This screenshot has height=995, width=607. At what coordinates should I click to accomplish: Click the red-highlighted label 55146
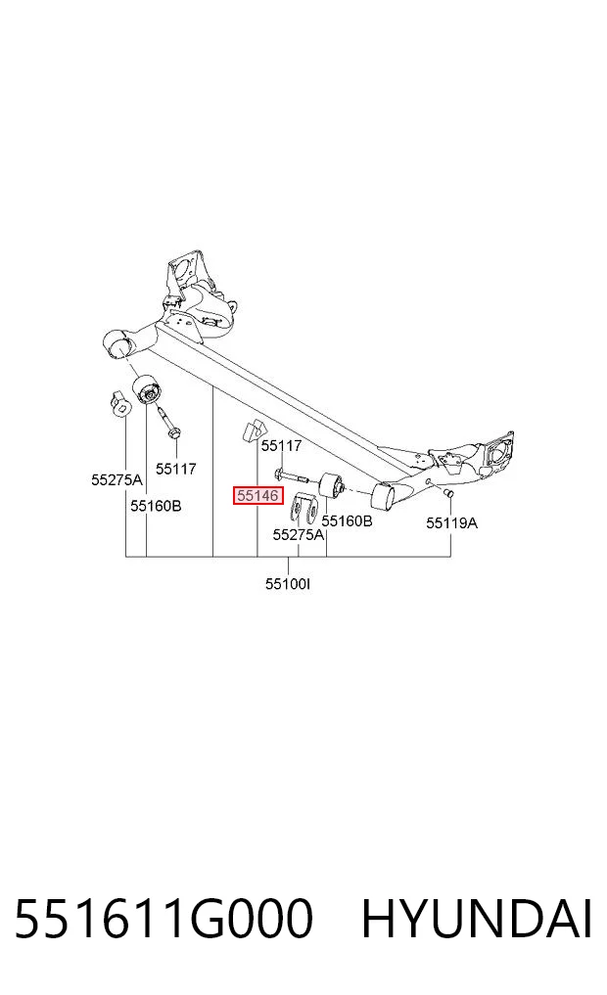257,496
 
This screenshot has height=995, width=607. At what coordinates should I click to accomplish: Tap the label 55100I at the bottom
288,583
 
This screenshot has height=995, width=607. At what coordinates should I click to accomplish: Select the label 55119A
451,522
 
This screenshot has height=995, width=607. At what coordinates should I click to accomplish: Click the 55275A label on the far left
117,479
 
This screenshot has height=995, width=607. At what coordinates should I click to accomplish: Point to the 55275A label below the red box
299,535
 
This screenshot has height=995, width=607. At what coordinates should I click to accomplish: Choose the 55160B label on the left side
157,506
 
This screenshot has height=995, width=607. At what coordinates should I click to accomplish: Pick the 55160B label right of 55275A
347,520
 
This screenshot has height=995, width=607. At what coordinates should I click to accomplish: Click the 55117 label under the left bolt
176,469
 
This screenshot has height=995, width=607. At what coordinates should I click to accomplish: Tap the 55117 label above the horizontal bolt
281,446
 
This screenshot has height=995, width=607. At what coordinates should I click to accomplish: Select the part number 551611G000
163,919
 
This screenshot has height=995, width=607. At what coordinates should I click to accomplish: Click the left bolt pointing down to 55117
167,422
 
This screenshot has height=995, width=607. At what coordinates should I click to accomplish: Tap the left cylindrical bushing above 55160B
147,388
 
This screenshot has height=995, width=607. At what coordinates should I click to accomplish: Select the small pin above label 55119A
448,493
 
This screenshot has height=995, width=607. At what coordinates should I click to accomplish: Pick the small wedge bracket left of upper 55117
252,430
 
